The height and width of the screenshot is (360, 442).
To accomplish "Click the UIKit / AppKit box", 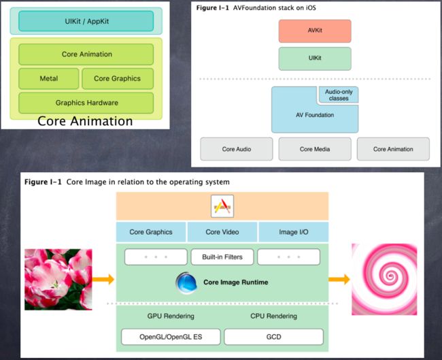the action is coord(86,21).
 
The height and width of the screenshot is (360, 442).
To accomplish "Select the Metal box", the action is coord(49,78).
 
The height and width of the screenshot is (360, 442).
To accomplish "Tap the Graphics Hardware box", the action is coord(86,103).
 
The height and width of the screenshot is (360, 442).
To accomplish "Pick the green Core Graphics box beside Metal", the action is coord(118,78).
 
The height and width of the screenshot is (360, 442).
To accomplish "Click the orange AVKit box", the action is coord(315,31).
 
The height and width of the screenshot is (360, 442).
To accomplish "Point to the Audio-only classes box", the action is coord(339,95).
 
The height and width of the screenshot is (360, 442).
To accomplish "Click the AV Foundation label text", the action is coord(315,115).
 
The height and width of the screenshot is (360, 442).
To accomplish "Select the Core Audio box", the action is coord(237,149).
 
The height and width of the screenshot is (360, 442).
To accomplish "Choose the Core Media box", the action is coord(315,149).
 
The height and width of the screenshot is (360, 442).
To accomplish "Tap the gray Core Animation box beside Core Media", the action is coord(393,149).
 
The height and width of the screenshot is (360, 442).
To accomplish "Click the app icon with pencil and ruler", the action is coord(222,206).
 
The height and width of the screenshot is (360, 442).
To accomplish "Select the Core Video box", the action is coord(222,232).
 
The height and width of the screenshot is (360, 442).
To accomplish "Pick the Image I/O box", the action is coord(294,232).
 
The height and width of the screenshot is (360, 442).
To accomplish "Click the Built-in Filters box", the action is coord(222,257).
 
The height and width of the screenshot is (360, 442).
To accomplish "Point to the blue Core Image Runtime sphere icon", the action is coord(186,282).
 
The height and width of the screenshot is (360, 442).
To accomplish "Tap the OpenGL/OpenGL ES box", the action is coord(171,337).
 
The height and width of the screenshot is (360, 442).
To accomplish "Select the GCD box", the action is coord(274,337).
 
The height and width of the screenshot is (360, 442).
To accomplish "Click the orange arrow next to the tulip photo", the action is coord(103,279).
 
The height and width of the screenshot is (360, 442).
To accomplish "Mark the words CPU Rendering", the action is coord(274,316).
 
